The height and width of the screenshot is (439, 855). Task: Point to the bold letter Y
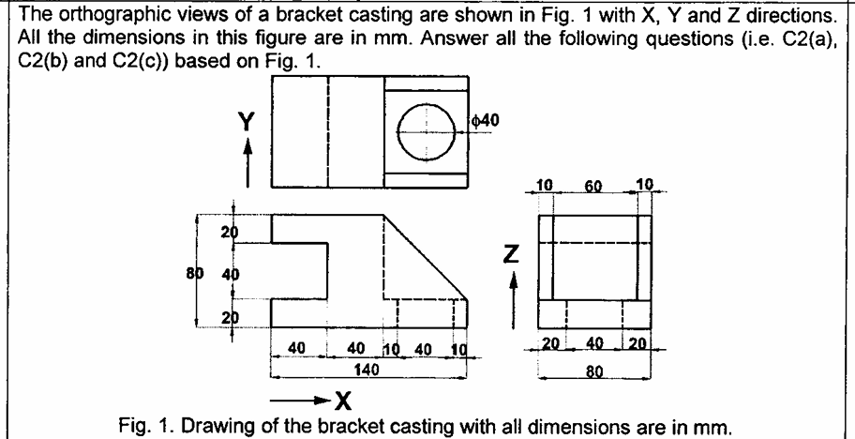pyautogui.click(x=247, y=120)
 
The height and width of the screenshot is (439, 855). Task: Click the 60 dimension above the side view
pyautogui.click(x=592, y=190)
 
